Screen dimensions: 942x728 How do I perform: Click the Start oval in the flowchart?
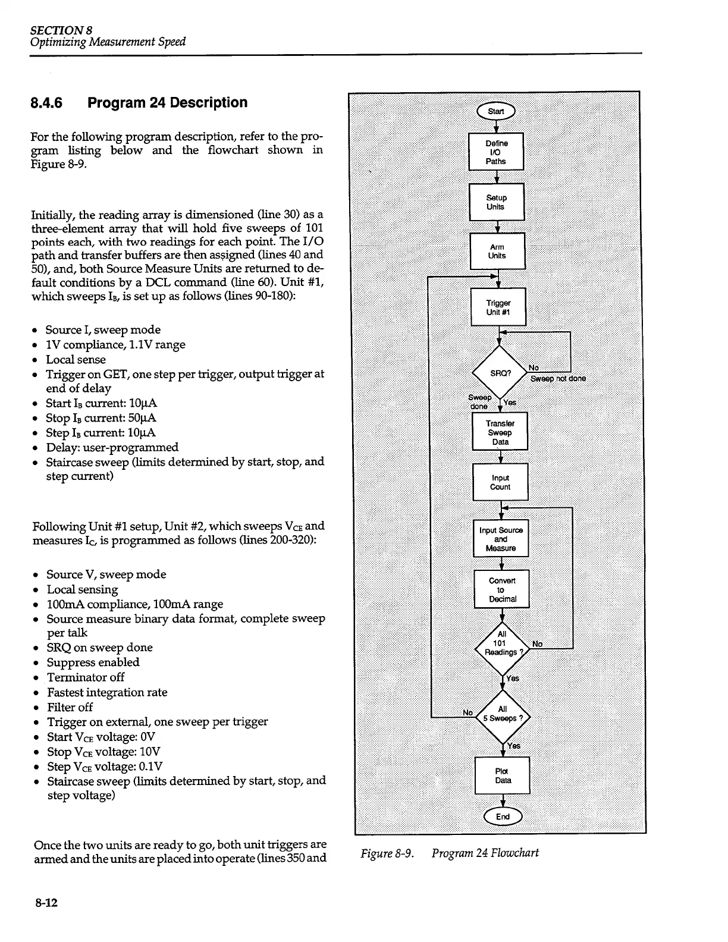(x=496, y=111)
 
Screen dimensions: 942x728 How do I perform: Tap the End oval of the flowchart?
(x=503, y=817)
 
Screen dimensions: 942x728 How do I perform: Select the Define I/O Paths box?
(x=496, y=152)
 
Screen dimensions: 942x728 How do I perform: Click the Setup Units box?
(x=496, y=202)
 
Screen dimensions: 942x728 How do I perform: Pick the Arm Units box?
(x=497, y=251)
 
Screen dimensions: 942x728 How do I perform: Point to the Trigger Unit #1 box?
(x=498, y=307)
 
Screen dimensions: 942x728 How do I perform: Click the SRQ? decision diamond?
(x=500, y=373)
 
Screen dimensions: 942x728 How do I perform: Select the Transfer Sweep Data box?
(x=500, y=432)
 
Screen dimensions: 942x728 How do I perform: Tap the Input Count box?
(x=500, y=482)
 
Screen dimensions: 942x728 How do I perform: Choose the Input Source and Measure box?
(x=501, y=539)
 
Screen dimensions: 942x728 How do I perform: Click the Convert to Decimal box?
(x=501, y=589)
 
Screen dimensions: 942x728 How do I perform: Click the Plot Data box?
(x=503, y=775)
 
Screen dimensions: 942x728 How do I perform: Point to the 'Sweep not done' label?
(x=558, y=379)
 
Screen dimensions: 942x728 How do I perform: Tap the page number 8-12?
(x=45, y=903)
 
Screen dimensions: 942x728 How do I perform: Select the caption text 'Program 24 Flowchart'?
(x=485, y=853)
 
